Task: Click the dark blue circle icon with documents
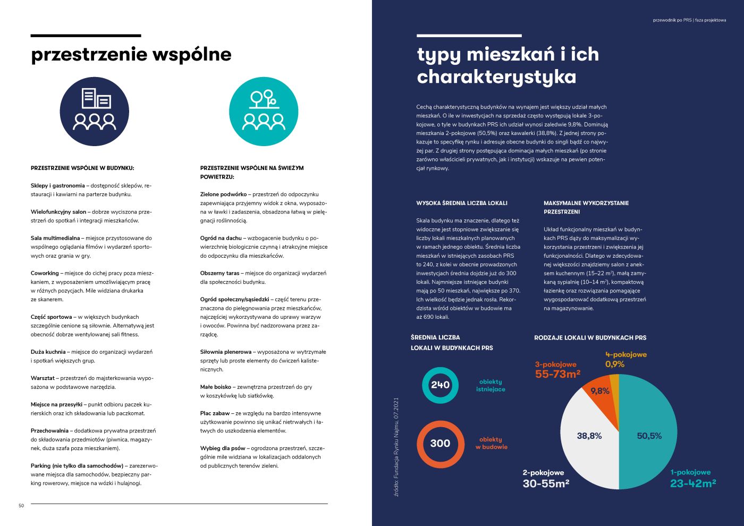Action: click(94, 111)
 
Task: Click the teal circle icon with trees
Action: click(264, 111)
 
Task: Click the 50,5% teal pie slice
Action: click(649, 436)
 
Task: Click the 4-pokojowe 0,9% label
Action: click(625, 360)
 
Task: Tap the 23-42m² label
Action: click(692, 483)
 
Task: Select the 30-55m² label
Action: click(546, 483)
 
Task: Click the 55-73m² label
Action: click(557, 374)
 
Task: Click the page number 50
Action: click(21, 505)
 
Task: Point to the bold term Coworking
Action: click(45, 273)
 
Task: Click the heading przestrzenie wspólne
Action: click(131, 54)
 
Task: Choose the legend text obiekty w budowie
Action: click(491, 443)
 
